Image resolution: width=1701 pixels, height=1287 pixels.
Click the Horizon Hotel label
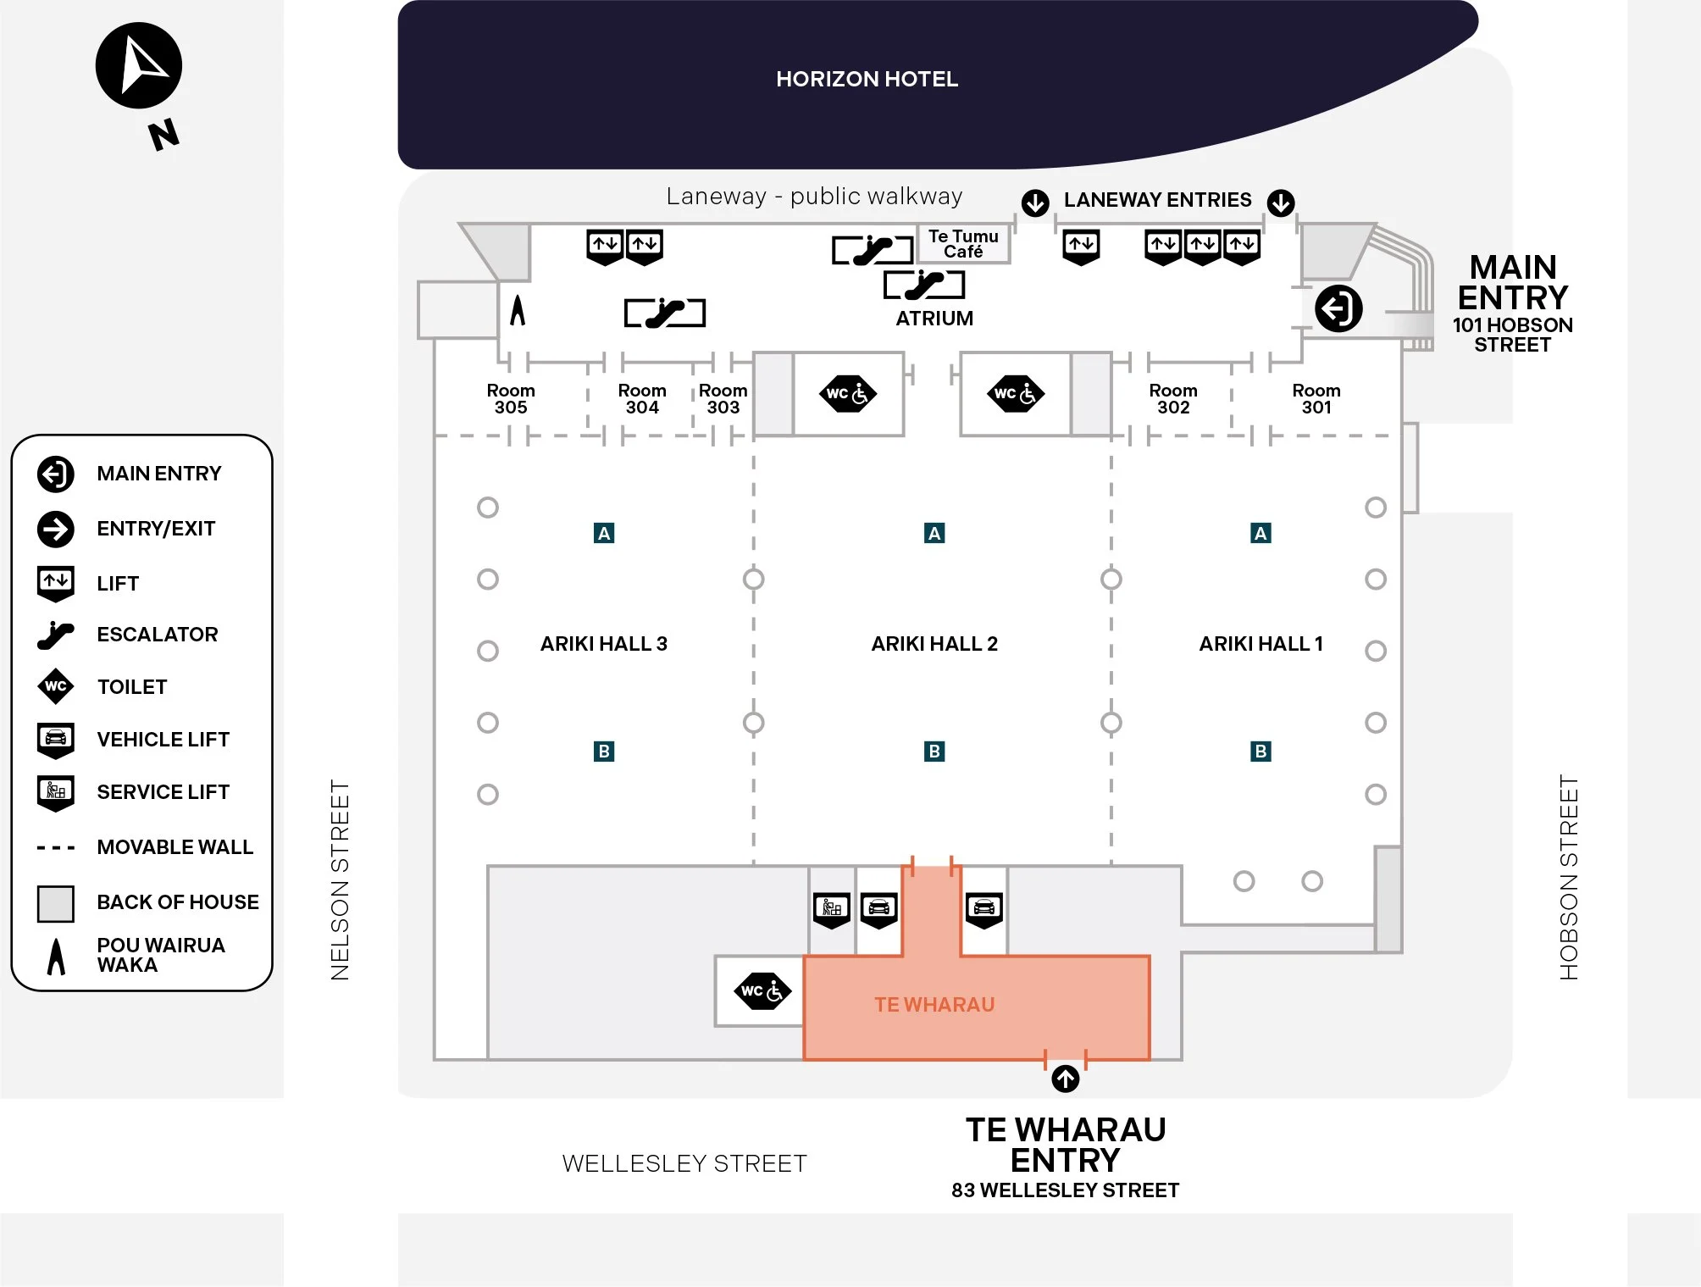point(867,79)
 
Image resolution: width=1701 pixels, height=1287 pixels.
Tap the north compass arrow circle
point(139,66)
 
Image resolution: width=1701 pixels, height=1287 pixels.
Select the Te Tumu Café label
point(963,244)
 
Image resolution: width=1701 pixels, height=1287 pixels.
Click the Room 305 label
point(511,398)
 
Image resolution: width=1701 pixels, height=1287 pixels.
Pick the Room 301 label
point(1316,398)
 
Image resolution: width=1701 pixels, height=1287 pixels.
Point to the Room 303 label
point(723,398)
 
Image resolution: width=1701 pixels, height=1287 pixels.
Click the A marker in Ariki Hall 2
point(934,533)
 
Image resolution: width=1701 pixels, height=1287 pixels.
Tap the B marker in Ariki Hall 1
point(1261,751)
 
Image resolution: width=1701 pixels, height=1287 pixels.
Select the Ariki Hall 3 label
point(604,644)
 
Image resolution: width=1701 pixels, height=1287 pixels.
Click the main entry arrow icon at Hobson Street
point(1338,308)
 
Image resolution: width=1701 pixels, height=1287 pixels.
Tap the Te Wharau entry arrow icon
point(1066,1079)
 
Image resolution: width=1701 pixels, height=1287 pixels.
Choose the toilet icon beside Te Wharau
point(762,991)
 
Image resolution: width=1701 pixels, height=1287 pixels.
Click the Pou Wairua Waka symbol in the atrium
point(518,310)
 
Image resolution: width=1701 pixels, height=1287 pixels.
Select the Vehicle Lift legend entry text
point(163,740)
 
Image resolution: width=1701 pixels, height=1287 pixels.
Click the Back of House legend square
point(56,903)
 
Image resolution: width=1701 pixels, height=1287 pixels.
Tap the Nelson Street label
point(340,879)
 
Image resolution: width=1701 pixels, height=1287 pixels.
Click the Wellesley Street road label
point(684,1163)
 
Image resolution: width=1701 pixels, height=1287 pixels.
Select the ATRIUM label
point(934,319)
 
